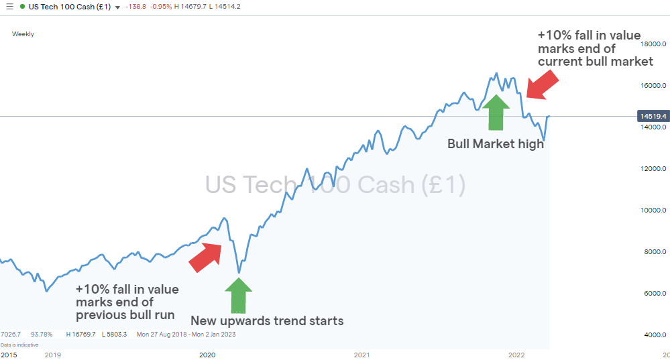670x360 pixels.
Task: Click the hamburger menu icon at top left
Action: tap(9, 7)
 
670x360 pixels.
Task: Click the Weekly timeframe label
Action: tap(23, 34)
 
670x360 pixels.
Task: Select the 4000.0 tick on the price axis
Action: tap(654, 335)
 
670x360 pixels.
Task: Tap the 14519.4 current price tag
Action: tap(653, 117)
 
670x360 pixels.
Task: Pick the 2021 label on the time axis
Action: tap(362, 354)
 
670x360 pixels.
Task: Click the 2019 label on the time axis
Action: tap(52, 354)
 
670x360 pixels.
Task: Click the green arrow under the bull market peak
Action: tap(496, 111)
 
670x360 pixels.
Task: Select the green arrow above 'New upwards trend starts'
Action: tap(238, 295)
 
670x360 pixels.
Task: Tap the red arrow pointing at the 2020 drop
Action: tap(205, 257)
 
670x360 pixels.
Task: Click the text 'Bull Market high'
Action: tap(496, 143)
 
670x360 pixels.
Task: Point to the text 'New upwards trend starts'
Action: tap(267, 320)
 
